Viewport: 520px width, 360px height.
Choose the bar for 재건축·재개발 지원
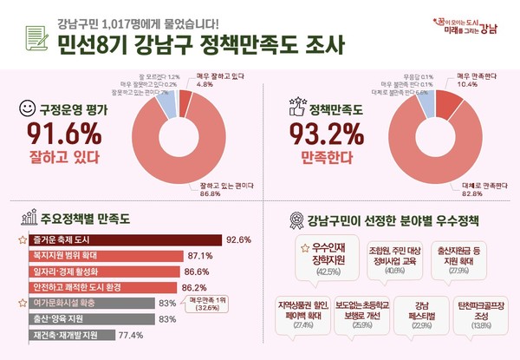pos(68,334)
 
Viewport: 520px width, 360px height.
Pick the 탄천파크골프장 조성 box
pos(477,318)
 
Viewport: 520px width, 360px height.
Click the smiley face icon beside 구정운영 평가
pos(26,109)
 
